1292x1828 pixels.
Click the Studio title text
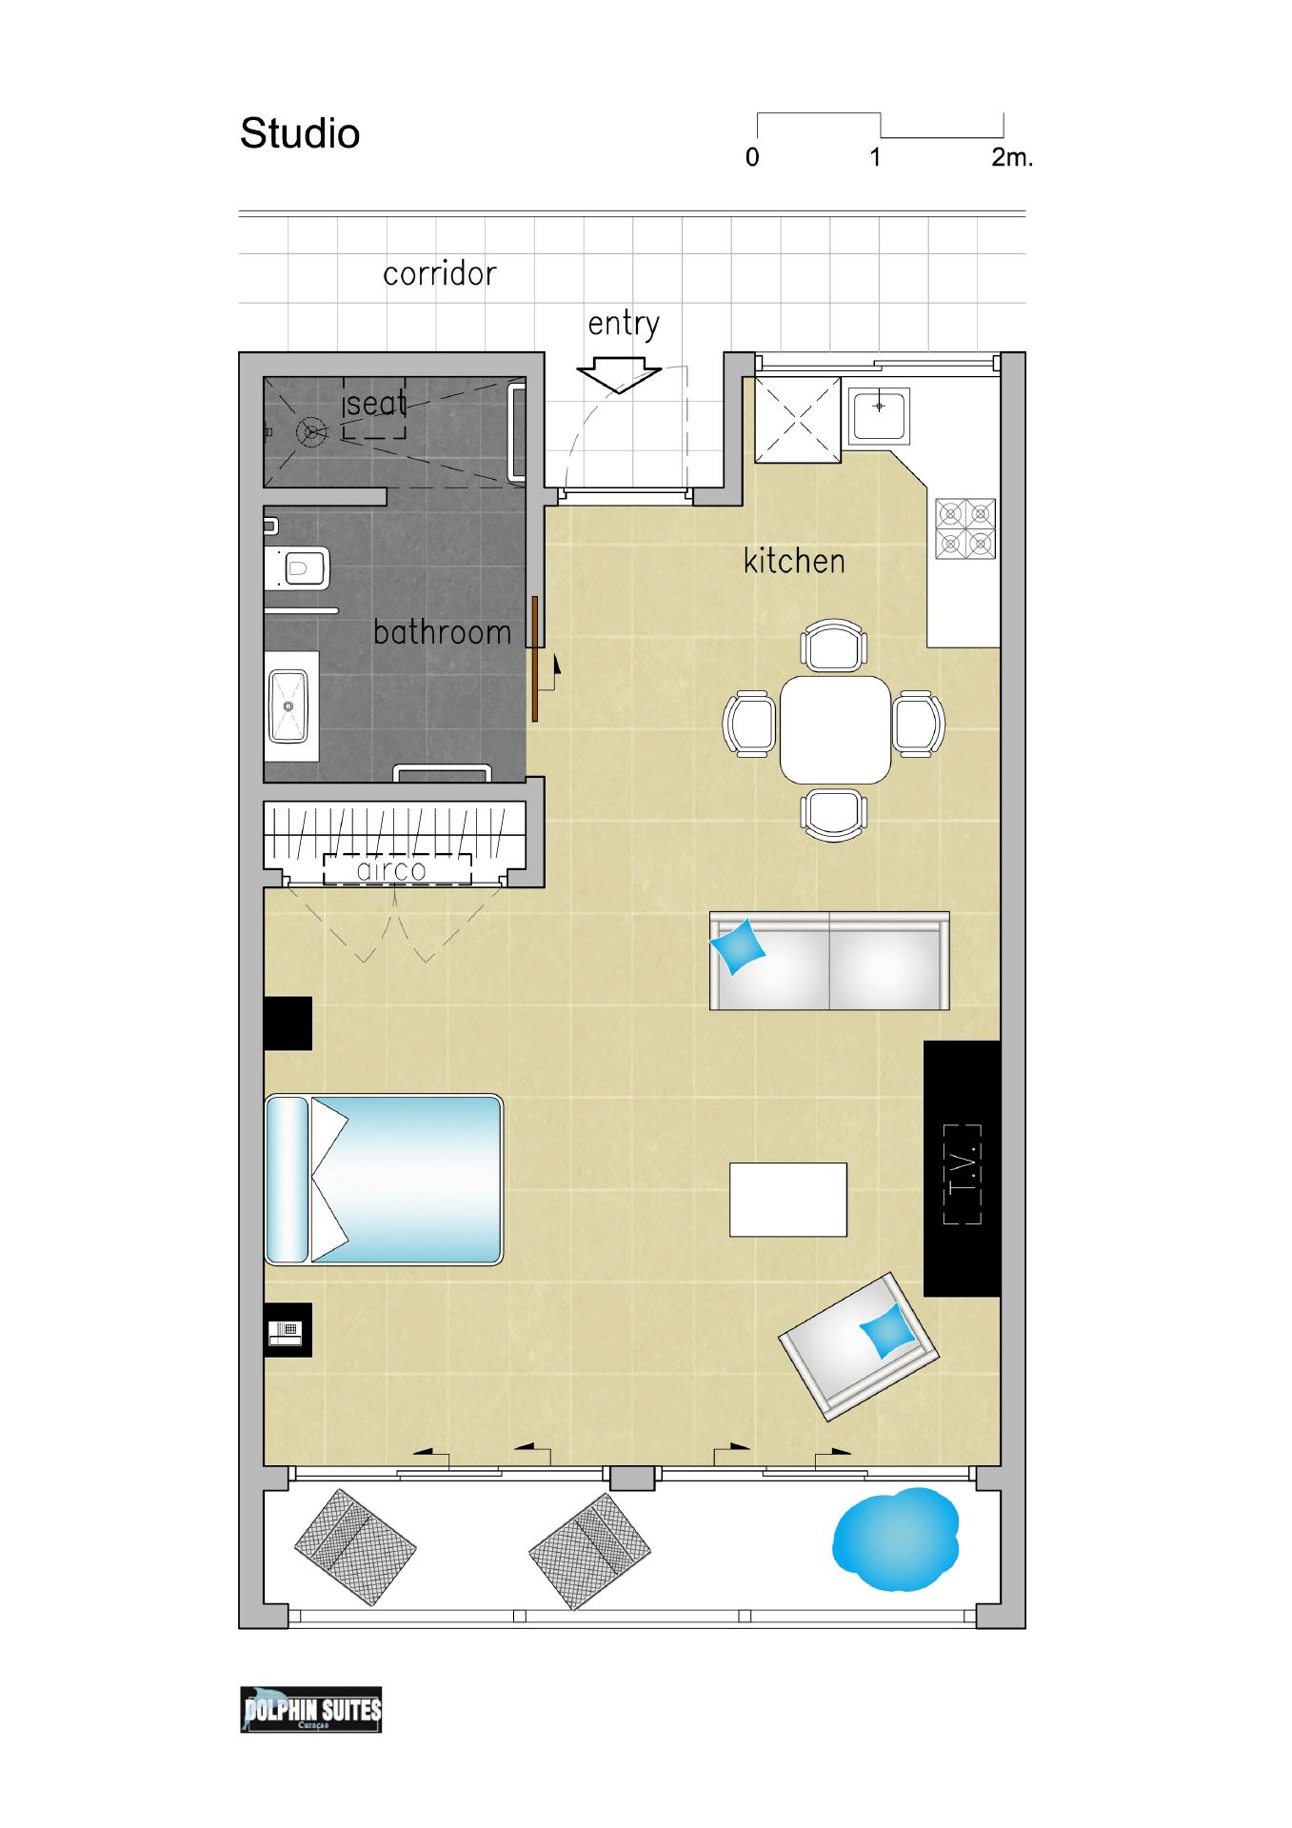[300, 133]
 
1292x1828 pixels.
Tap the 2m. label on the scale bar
[1012, 157]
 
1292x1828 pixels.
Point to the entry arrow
[619, 375]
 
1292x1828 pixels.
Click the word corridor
[440, 274]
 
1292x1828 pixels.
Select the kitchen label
[794, 561]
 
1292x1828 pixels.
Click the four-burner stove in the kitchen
[965, 528]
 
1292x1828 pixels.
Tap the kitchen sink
[879, 415]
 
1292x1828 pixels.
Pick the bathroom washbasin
[288, 706]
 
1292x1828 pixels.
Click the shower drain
[310, 432]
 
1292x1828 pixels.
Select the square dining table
[835, 729]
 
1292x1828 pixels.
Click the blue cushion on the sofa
[738, 947]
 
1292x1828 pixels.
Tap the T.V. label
[962, 1174]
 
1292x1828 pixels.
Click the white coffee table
[788, 1200]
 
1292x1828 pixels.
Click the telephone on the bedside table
[285, 1333]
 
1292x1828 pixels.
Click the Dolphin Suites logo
[311, 1710]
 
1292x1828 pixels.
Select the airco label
[391, 870]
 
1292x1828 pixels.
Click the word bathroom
[442, 632]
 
